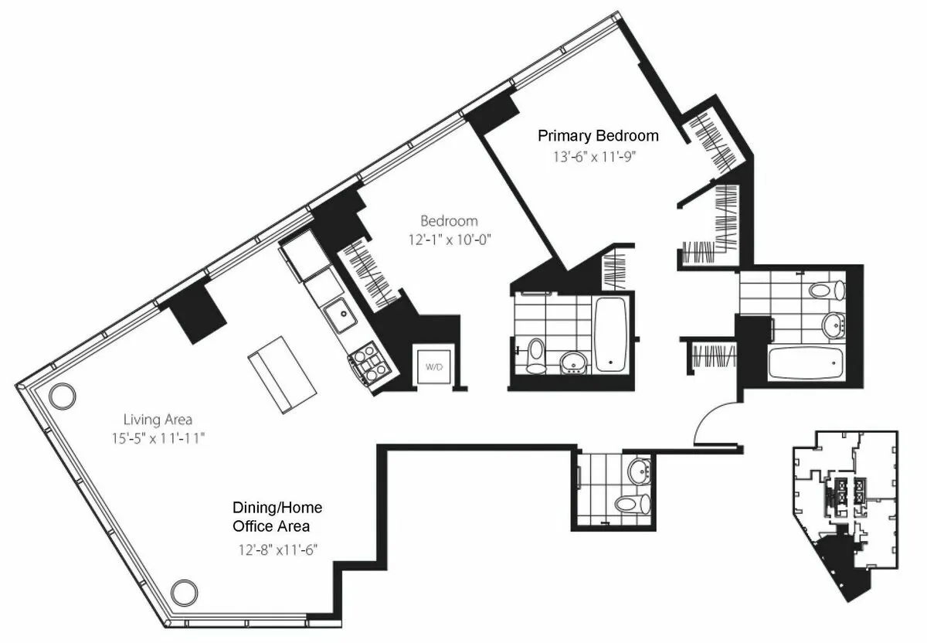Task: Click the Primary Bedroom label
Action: tap(598, 136)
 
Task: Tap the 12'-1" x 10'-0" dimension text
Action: tap(449, 240)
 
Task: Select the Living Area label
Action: tap(158, 420)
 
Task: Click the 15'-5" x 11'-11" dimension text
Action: tap(158, 438)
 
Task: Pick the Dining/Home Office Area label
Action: tap(277, 517)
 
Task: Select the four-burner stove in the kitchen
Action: tap(370, 365)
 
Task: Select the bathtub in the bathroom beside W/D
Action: tap(612, 332)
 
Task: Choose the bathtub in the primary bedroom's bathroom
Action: tap(806, 362)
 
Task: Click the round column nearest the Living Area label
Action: tap(62, 396)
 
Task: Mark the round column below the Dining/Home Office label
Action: tap(184, 593)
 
